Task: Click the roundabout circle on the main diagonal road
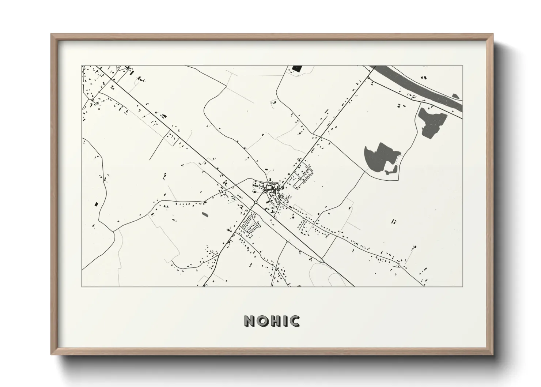(x=256, y=202)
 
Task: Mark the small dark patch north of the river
(x=455, y=96)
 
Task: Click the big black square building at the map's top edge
(x=297, y=68)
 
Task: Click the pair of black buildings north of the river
(x=424, y=78)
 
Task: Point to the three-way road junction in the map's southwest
(x=114, y=231)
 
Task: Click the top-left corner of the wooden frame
(x=51, y=34)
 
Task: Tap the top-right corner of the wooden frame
(x=493, y=34)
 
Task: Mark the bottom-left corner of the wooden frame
(x=51, y=354)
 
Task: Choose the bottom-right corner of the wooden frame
(x=493, y=354)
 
